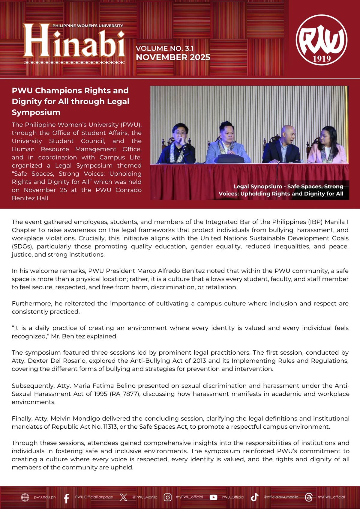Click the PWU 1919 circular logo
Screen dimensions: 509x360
click(x=321, y=40)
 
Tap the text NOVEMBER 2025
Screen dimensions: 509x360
click(x=173, y=57)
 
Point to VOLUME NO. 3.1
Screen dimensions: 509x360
click(x=165, y=48)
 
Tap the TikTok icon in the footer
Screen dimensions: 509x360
click(x=255, y=497)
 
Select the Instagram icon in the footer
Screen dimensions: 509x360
click(x=168, y=497)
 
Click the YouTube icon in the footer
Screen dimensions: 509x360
click(x=213, y=497)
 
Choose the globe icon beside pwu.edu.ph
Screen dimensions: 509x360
click(x=25, y=497)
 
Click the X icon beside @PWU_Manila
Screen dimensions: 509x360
click(x=123, y=497)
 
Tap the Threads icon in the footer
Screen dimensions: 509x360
click(x=309, y=497)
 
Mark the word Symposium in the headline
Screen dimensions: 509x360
click(x=36, y=112)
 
